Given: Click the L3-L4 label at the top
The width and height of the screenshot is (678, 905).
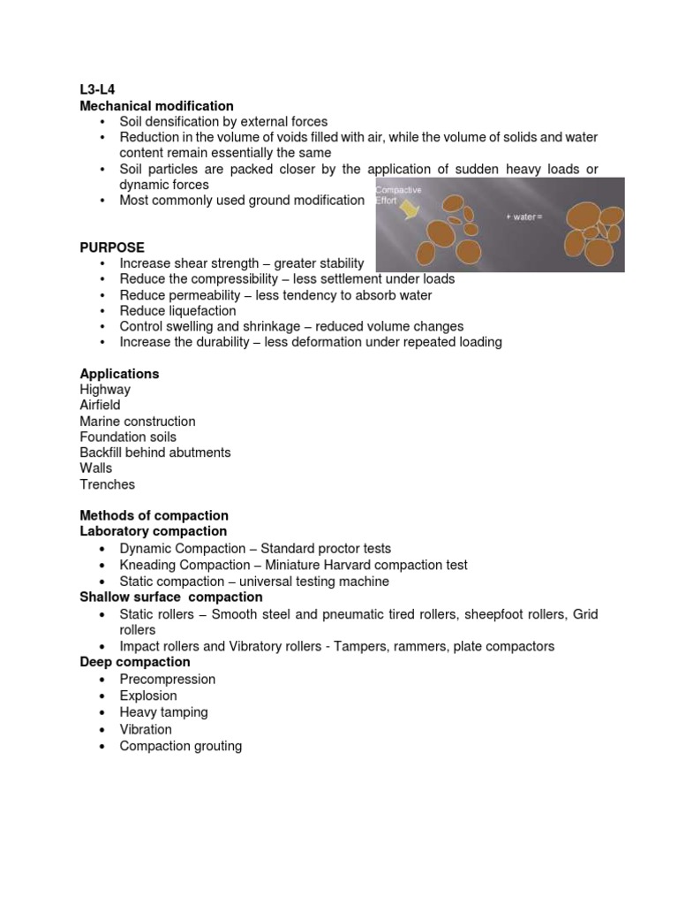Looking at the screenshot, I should pyautogui.click(x=97, y=89).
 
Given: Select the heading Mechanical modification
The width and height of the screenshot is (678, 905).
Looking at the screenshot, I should pyautogui.click(x=156, y=106).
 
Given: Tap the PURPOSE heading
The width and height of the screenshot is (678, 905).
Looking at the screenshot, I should pyautogui.click(x=112, y=247).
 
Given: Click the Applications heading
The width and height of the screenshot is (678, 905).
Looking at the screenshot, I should pyautogui.click(x=119, y=374).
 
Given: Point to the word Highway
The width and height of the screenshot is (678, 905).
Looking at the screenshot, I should pyautogui.click(x=105, y=390).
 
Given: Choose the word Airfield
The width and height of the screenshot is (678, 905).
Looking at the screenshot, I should pyautogui.click(x=100, y=406).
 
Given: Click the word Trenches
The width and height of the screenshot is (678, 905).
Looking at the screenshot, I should pyautogui.click(x=107, y=484).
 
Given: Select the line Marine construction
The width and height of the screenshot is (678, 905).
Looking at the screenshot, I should pyautogui.click(x=137, y=422).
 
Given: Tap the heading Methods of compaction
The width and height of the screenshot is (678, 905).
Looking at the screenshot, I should pyautogui.click(x=154, y=515).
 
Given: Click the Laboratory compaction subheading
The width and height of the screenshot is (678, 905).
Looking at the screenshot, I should pyautogui.click(x=153, y=531).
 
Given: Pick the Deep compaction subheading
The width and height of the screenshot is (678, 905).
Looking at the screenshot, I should pyautogui.click(x=134, y=662).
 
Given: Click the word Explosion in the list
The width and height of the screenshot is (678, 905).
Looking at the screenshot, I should pyautogui.click(x=148, y=696).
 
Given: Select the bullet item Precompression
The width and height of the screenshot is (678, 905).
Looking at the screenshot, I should pyautogui.click(x=167, y=679).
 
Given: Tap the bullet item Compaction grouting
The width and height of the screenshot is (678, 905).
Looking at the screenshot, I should pyautogui.click(x=180, y=746).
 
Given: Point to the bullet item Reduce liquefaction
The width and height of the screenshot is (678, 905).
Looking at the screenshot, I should pyautogui.click(x=177, y=311).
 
